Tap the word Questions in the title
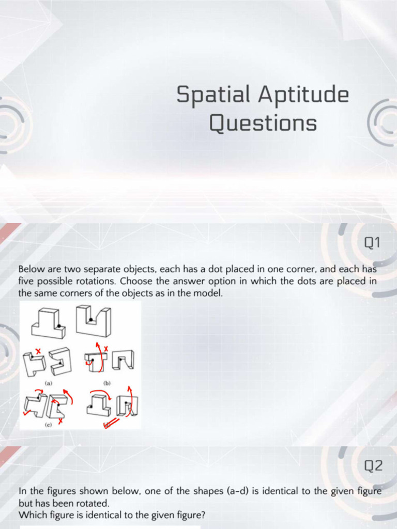tap(263, 124)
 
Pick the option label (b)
tap(108, 384)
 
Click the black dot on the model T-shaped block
tap(60, 325)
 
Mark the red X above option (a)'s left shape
tap(38, 351)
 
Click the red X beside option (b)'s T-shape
tap(106, 349)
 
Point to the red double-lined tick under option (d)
tap(111, 424)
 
